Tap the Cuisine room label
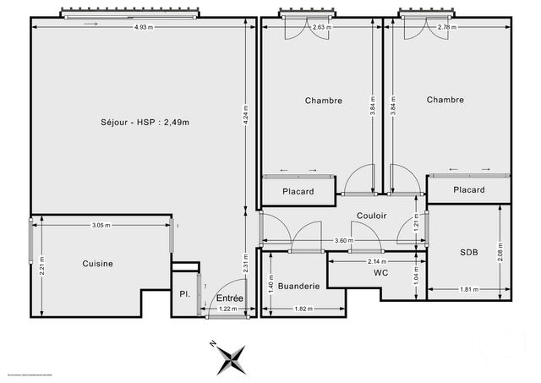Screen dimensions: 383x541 tap(97, 264)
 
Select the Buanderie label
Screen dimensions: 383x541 tap(298, 287)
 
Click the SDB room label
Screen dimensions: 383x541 tap(468, 252)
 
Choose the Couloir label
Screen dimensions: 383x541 tap(371, 216)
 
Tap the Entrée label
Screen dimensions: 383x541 tap(229, 298)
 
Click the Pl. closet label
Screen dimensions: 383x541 tap(183, 295)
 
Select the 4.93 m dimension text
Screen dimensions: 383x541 tap(145, 28)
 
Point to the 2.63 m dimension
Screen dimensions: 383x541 tap(320, 28)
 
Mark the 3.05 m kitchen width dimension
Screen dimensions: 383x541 tap(101, 225)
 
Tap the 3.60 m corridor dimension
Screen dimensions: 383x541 tap(343, 241)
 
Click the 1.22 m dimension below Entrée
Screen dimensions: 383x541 tap(228, 309)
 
